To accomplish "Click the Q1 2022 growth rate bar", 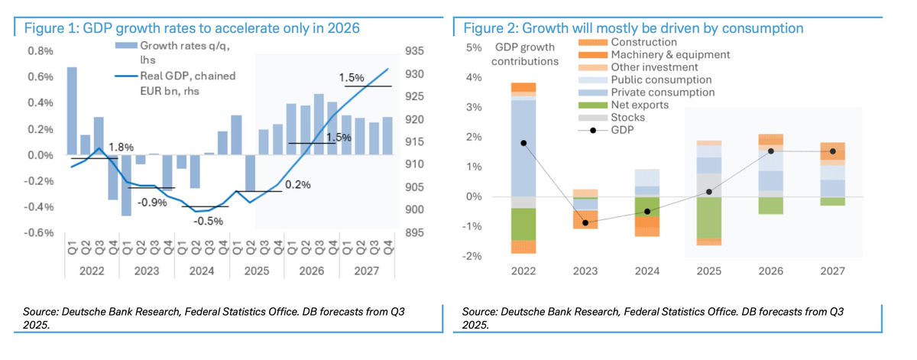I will click(x=72, y=110).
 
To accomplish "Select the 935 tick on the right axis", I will click(x=415, y=51).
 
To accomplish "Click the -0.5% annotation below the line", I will click(x=207, y=222).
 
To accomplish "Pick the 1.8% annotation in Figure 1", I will click(x=121, y=147).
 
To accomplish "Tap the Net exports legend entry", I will click(x=640, y=105).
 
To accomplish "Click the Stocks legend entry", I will click(x=629, y=118).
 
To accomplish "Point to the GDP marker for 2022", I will click(x=523, y=143).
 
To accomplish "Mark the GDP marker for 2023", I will click(x=585, y=222).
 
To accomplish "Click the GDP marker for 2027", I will click(x=833, y=151).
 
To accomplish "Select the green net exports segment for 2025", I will click(x=709, y=218).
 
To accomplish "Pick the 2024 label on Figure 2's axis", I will click(x=646, y=271).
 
